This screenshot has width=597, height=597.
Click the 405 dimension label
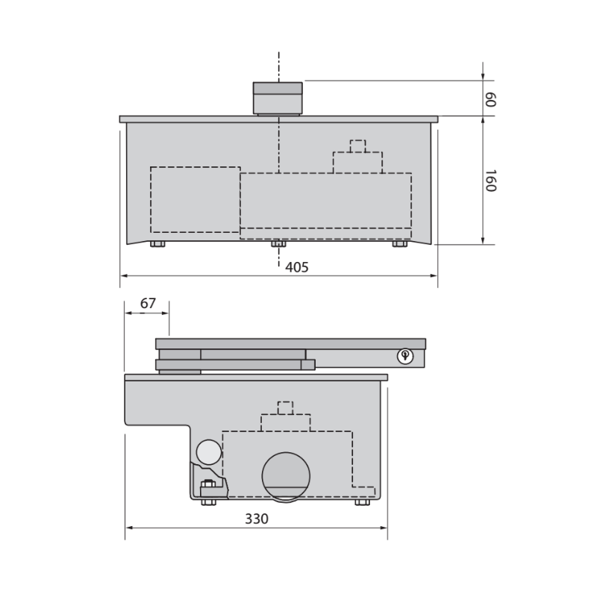pos(296,267)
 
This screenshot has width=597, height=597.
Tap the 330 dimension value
pos(256,519)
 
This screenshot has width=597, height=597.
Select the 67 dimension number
pos(148,304)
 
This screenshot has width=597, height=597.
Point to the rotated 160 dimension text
pos(490,181)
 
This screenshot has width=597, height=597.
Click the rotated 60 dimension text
pos(490,100)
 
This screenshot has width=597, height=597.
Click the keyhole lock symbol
pos(404,357)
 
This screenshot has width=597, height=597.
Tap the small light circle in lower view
pos(209,452)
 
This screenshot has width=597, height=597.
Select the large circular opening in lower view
pos(286,476)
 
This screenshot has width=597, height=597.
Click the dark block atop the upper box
pos(278,98)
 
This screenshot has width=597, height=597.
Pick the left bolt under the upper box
pos(157,244)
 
